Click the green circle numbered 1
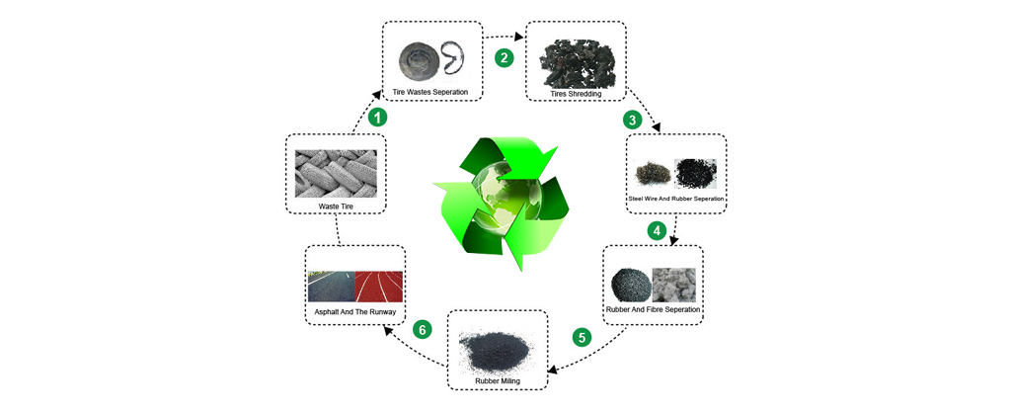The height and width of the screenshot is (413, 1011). [x=376, y=117]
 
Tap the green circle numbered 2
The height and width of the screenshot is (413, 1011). [x=505, y=57]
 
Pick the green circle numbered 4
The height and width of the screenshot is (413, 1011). [x=655, y=230]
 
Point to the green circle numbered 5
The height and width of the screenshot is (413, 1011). [x=583, y=337]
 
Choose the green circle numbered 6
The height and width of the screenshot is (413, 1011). [x=423, y=329]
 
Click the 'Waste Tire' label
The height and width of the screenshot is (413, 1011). [x=336, y=206]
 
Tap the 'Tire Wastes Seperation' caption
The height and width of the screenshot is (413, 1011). [x=430, y=92]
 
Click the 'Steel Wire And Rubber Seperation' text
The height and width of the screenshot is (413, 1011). [x=677, y=199]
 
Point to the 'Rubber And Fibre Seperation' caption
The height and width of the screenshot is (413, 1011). [x=654, y=309]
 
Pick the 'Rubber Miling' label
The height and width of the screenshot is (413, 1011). [x=498, y=378]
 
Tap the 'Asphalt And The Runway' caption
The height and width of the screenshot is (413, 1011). [x=355, y=312]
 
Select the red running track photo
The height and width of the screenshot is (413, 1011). [x=380, y=286]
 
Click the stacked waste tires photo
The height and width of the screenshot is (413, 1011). [x=336, y=173]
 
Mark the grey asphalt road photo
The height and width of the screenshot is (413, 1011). [x=331, y=286]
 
